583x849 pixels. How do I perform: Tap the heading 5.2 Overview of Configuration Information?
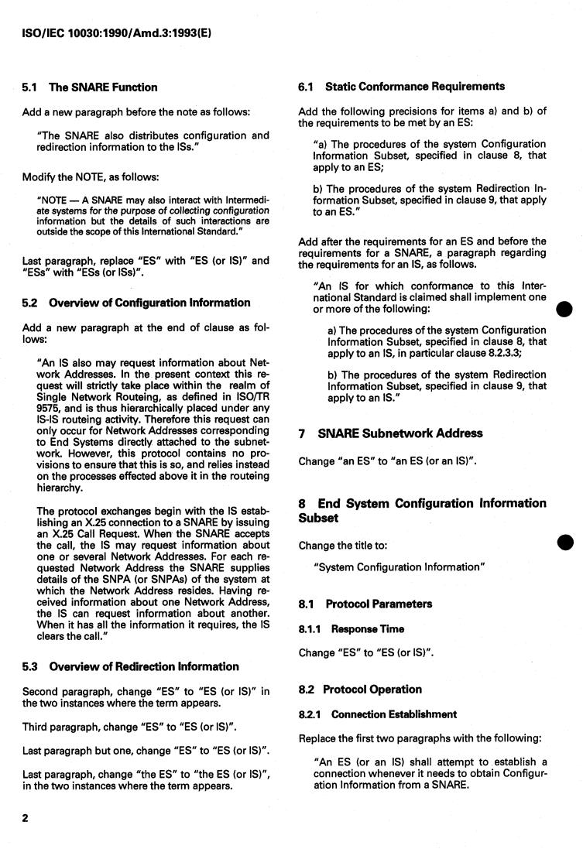pos(136,303)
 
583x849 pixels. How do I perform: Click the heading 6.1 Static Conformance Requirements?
pos(402,86)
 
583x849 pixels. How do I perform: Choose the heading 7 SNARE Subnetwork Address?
pos(391,433)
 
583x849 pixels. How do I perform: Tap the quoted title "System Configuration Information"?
pos(400,567)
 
